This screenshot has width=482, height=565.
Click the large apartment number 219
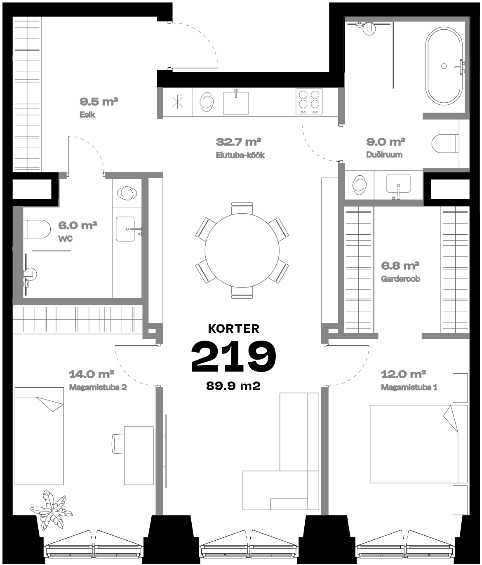point(234,356)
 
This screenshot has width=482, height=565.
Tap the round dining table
point(242,250)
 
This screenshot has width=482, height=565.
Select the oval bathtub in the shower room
point(444,66)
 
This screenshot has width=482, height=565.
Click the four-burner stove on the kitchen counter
point(309,101)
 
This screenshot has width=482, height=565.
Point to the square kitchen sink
point(236,103)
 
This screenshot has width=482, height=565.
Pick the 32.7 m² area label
point(239,142)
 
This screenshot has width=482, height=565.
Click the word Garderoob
point(400,279)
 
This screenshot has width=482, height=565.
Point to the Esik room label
point(87,115)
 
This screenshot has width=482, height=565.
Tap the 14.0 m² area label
point(92,374)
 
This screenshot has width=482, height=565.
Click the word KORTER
point(234,329)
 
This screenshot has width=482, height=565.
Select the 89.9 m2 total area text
point(233,386)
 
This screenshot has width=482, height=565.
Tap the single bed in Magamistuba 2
point(39,436)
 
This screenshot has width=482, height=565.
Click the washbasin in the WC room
point(125,229)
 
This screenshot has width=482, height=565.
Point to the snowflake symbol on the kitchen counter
point(178,103)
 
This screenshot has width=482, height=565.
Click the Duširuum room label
point(384,155)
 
